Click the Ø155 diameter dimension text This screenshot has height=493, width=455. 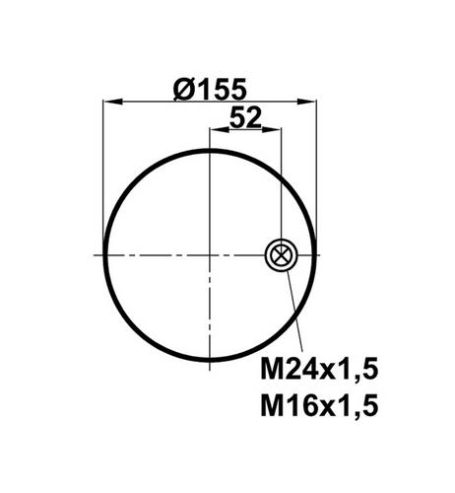coord(210,89)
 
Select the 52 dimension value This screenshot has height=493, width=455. coord(245,117)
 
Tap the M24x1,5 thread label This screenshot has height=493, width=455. coord(319,369)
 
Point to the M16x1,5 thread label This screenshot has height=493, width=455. coord(319,405)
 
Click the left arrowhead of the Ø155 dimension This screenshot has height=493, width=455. coord(112,102)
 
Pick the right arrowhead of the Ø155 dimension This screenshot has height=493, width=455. coord(306,102)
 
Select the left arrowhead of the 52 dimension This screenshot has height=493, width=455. coord(220,130)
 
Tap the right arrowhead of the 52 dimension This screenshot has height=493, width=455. coord(271,130)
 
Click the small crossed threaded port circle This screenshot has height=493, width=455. coord(281,255)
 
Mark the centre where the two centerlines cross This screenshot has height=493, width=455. coord(210,255)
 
